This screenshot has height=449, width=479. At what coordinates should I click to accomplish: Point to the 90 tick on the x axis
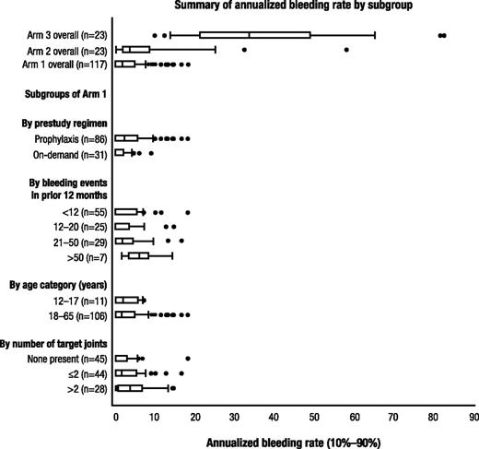pyautogui.click(x=473, y=417)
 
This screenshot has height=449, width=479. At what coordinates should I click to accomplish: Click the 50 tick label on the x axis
pyautogui.click(x=314, y=417)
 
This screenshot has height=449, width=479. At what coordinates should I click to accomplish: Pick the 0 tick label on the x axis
pyautogui.click(x=116, y=417)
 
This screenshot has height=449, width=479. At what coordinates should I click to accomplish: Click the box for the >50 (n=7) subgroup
pyautogui.click(x=138, y=255)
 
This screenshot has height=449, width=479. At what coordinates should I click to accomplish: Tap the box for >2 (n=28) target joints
pyautogui.click(x=129, y=388)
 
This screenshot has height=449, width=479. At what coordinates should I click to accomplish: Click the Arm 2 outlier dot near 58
pyautogui.click(x=346, y=50)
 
